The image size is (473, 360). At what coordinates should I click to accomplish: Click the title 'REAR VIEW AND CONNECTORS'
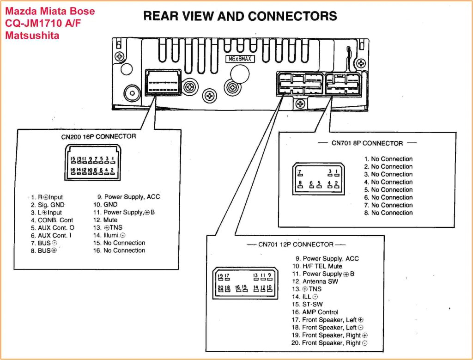[x=240, y=16]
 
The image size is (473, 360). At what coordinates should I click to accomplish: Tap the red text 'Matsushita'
[x=32, y=35]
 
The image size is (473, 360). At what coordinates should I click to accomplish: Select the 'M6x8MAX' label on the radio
[x=240, y=59]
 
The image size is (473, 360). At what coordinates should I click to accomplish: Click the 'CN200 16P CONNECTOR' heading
[x=98, y=136]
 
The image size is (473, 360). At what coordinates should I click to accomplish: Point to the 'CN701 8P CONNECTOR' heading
[x=367, y=143]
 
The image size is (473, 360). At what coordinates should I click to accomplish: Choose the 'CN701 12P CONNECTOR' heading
[x=296, y=244]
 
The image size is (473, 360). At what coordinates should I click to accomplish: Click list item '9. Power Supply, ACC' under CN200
[x=126, y=197]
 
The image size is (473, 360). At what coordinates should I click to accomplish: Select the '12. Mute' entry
[x=105, y=220]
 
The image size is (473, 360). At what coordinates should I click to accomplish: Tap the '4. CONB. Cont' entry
[x=52, y=220]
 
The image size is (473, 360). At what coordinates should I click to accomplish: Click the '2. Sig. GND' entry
[x=48, y=205]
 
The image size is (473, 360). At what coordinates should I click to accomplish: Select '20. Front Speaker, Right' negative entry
[x=329, y=343]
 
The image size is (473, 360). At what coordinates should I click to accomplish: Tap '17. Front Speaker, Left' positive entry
[x=327, y=320]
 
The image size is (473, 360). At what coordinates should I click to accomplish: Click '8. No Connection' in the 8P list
[x=388, y=213]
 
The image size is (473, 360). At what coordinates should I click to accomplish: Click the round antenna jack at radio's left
[x=133, y=93]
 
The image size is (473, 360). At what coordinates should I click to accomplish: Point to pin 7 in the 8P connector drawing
[x=300, y=173]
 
